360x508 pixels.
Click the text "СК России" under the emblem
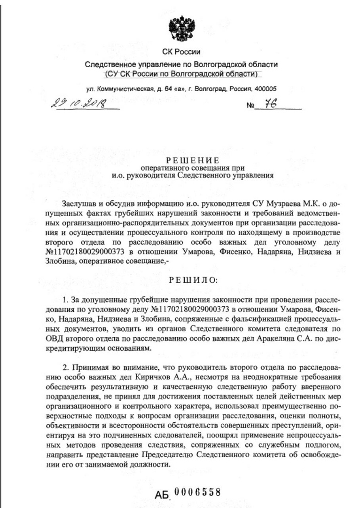pos(181,52)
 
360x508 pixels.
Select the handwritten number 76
pos(270,104)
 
